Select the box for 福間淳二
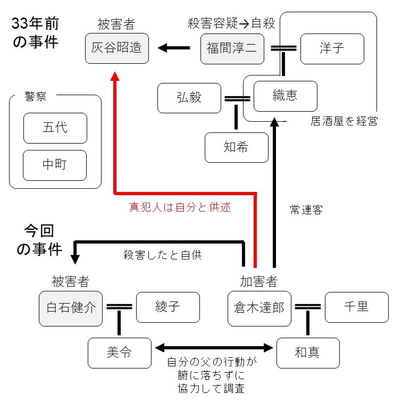pos(232,49)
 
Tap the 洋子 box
pos(332,49)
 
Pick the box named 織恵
pos(285,96)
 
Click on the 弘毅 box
pos(189,98)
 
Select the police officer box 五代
pos(55,128)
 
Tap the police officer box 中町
pos(55,165)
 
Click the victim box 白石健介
pos(71,307)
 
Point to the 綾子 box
pos(168,307)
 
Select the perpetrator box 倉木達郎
pos(259,307)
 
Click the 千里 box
pos(356,307)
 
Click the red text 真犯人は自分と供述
pos(180,207)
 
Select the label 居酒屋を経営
pos(344,121)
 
